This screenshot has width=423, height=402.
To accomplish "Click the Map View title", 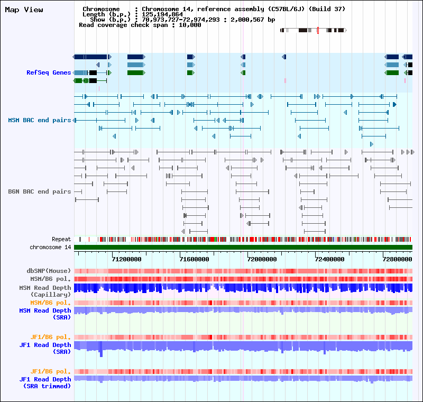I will [x=24, y=10].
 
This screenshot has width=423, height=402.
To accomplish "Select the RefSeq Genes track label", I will [x=49, y=72].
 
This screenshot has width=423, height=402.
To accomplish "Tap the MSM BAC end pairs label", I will [x=40, y=120].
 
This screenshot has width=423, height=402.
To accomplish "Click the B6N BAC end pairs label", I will [x=40, y=191].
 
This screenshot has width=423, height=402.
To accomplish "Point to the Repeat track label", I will [x=61, y=239].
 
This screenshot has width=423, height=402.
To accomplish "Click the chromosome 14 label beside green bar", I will [x=50, y=247].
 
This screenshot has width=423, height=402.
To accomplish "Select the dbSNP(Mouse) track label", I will [x=49, y=271].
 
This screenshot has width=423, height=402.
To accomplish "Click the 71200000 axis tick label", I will [x=127, y=259].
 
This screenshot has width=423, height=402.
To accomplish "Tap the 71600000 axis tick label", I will [x=195, y=259].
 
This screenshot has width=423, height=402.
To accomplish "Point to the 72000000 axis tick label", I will [x=262, y=259].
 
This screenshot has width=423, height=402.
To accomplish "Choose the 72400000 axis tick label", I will [x=329, y=259].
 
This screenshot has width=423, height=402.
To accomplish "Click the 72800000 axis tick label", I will [x=397, y=259].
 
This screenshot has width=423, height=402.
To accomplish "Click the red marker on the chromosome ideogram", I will [x=318, y=31].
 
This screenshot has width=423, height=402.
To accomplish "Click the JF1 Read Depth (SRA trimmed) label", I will [x=45, y=382].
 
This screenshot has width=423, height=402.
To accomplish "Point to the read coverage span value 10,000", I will [x=190, y=25].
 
